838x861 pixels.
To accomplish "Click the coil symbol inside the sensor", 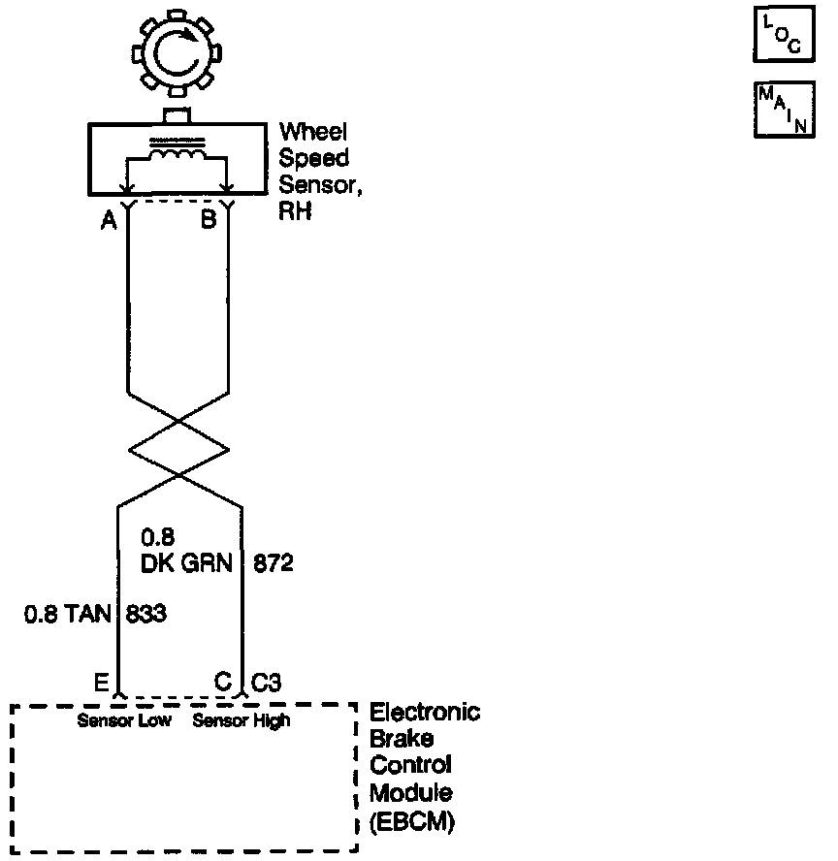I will coord(177,157).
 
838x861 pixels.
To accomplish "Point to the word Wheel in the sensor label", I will coord(313,132).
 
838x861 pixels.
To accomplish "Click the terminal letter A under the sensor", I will coord(110,221).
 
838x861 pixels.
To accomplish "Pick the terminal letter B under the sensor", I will coord(209,221).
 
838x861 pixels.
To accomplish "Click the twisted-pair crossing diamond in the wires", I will coord(178,449).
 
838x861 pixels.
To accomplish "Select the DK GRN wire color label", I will coord(188,561).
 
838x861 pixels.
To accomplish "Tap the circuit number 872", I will coord(273,561).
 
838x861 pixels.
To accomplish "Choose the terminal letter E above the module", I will coord(101,682).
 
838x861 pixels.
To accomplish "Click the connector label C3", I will coord(267,682).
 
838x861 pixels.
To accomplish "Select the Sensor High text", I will coord(242,720).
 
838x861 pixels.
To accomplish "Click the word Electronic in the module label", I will coord(425,714).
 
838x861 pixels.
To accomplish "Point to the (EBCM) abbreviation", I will coord(412,823).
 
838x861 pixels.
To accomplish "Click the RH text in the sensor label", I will coord(296,211).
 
